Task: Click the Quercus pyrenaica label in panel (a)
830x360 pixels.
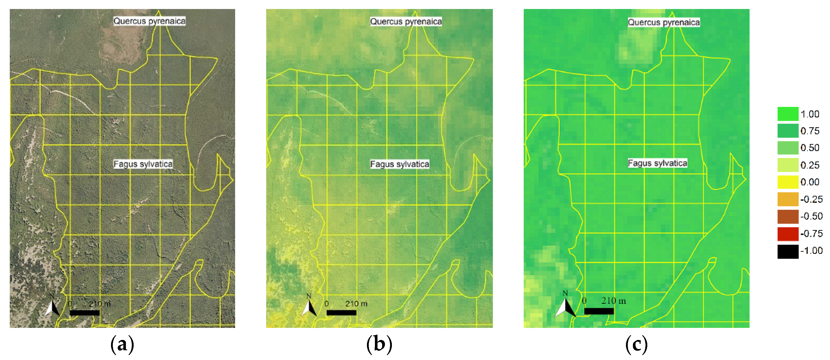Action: tap(150, 21)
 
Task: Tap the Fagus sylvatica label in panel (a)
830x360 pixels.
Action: tap(143, 164)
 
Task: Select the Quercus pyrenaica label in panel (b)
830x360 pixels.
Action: tap(406, 22)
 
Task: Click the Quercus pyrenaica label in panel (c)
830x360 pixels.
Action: tap(664, 22)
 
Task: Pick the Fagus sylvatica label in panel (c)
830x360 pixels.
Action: tap(657, 163)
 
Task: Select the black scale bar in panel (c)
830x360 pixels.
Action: tap(599, 311)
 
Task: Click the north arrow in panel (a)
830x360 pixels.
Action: tap(52, 306)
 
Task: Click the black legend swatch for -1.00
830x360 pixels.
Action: tap(788, 251)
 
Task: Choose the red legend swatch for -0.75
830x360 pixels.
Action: tap(788, 234)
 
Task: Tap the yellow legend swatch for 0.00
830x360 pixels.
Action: tap(788, 182)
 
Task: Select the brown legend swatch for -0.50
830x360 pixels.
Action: tap(788, 217)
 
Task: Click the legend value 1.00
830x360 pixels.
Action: tap(810, 114)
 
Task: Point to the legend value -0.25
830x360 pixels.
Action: tap(811, 199)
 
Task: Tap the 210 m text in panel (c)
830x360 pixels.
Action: tap(613, 301)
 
